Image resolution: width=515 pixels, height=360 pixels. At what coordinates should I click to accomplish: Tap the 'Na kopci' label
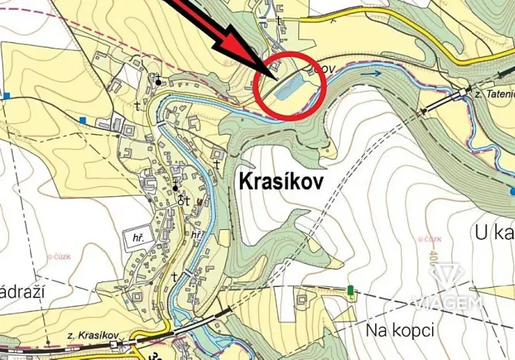(x=400, y=330)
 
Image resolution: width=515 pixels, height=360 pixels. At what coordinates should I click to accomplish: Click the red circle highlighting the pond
(x=289, y=86)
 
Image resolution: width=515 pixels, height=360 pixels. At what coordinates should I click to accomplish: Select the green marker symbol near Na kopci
(x=351, y=291)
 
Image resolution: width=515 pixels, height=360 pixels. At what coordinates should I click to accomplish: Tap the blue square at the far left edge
(x=7, y=96)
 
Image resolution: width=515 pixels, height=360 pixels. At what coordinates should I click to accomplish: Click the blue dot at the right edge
(x=512, y=188)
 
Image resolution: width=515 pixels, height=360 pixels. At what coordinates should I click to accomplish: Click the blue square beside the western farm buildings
(x=83, y=119)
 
